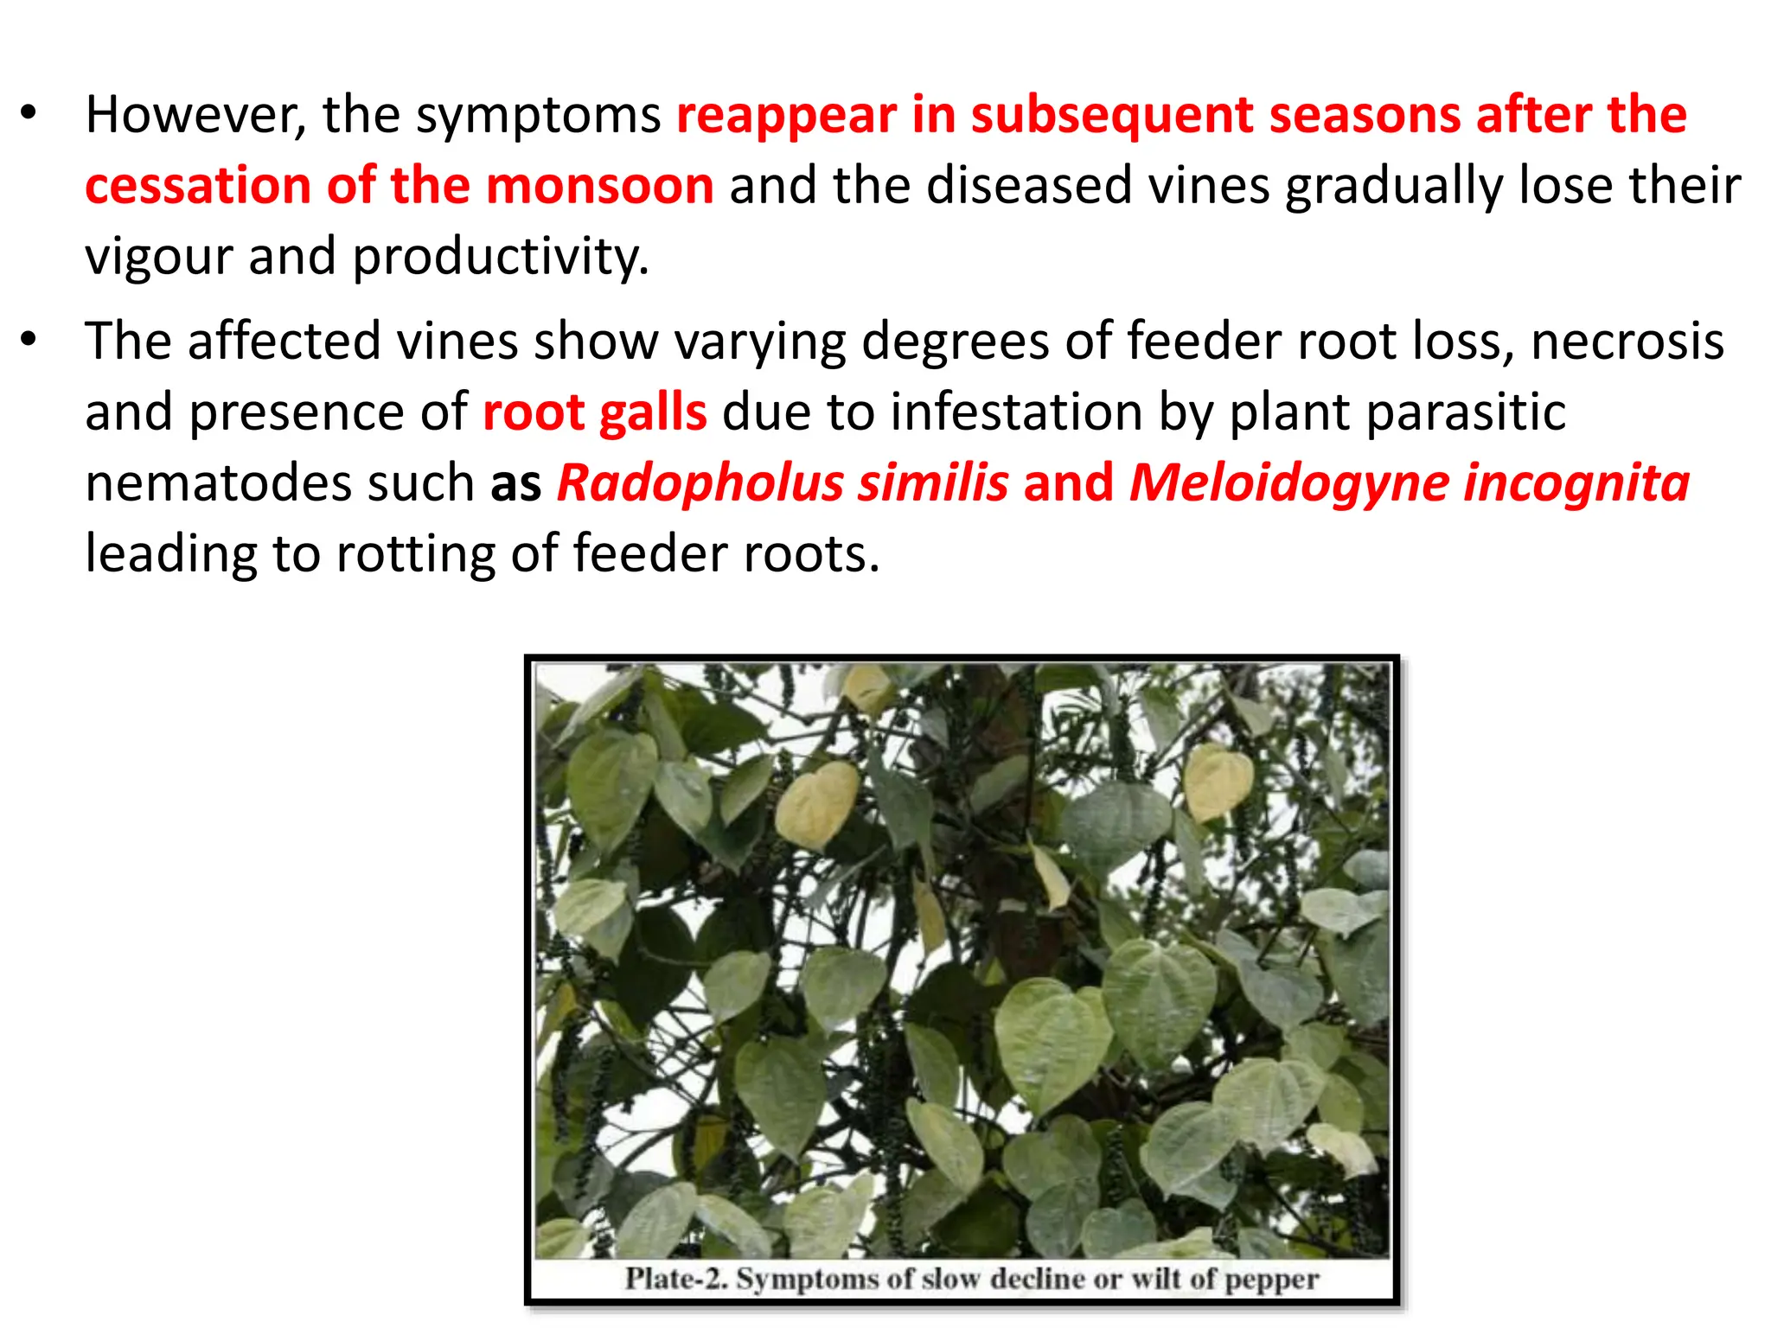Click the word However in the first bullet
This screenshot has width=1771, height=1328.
(195, 115)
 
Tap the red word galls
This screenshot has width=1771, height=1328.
(653, 412)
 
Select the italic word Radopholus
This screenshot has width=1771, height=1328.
(700, 483)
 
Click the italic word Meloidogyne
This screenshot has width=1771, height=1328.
(1288, 483)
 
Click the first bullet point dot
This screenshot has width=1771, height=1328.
(29, 113)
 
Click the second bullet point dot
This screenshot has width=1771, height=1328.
(29, 340)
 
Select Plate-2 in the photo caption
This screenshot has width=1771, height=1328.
(676, 1278)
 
